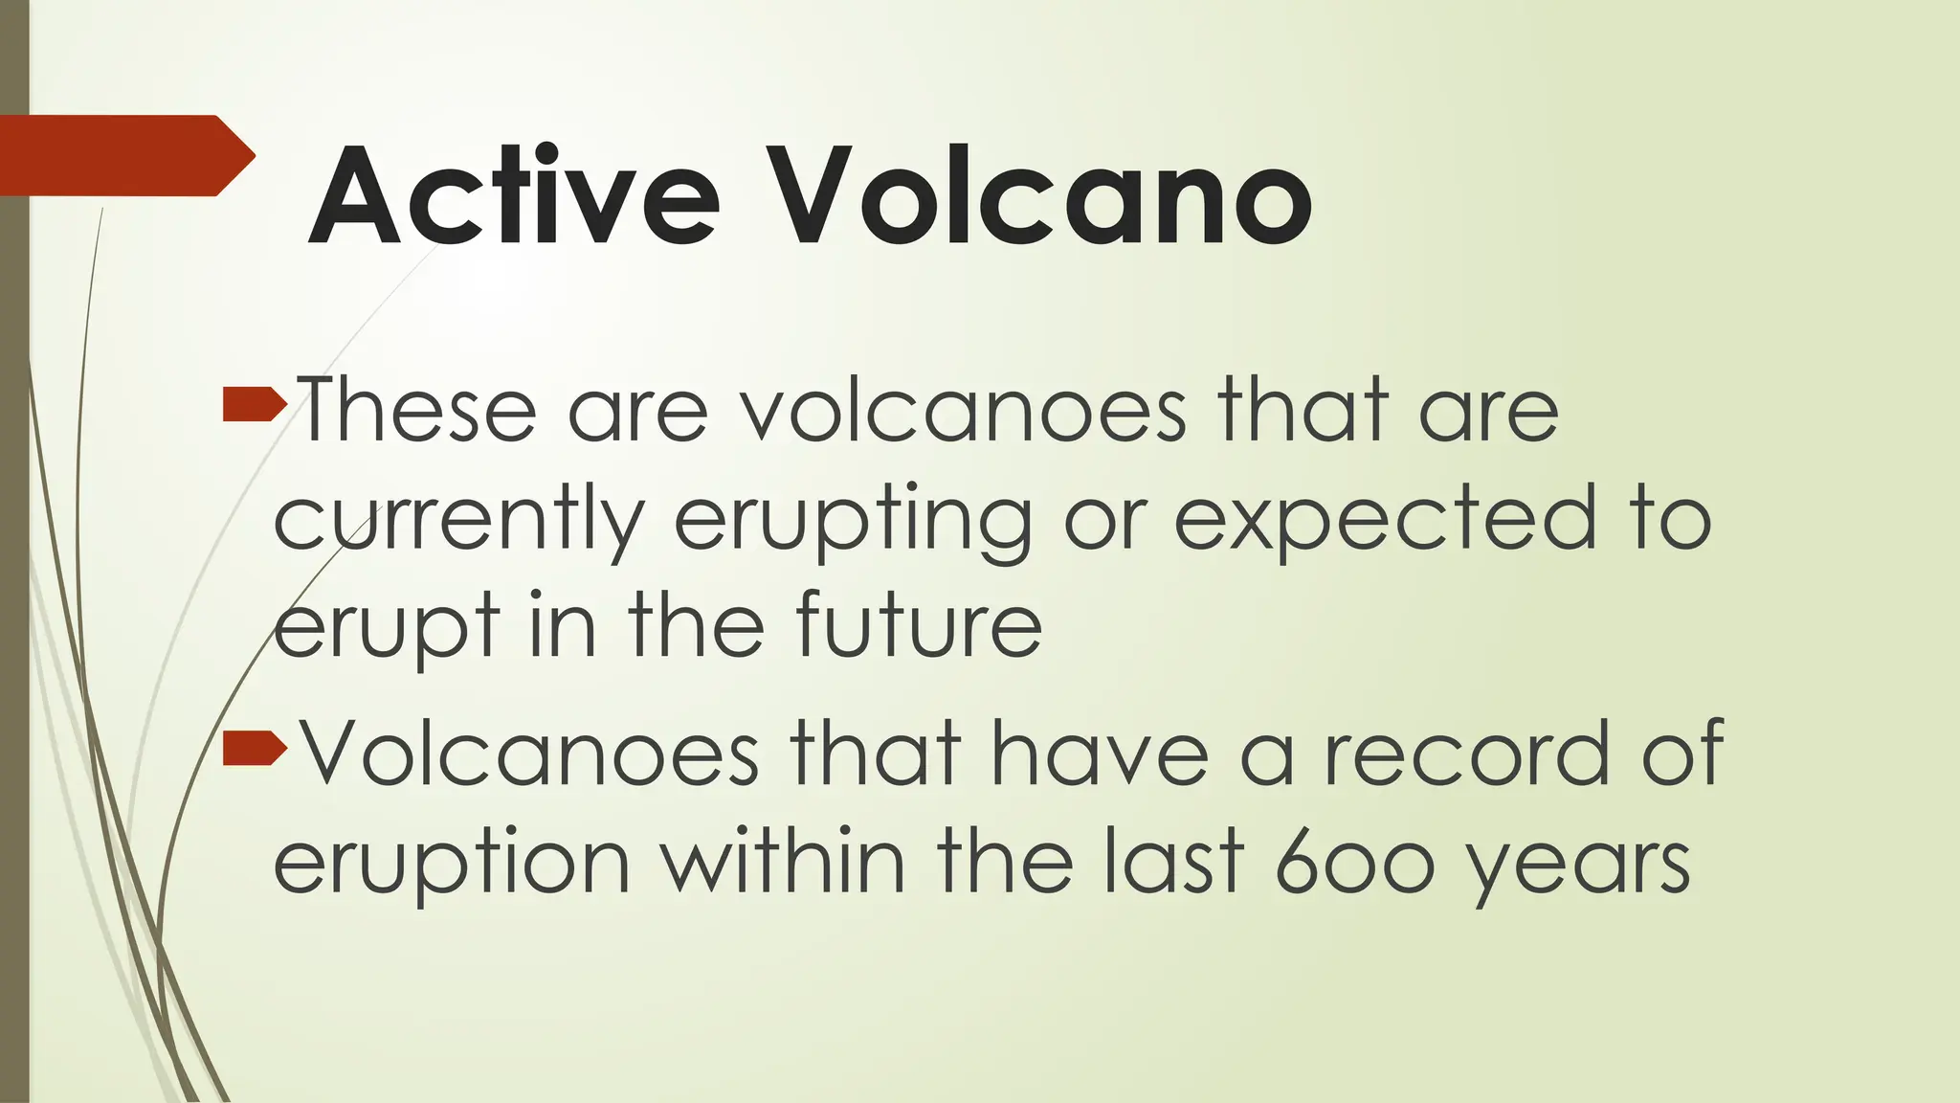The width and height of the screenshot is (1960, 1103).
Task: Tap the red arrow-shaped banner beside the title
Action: (x=124, y=155)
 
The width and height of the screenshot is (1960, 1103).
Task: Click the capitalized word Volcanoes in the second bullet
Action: (x=530, y=754)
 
